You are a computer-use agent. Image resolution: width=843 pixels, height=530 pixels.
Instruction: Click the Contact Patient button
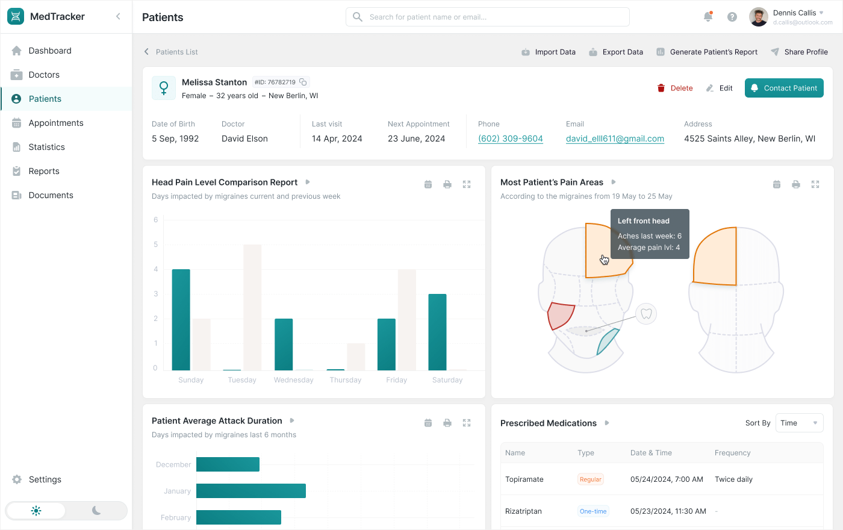pyautogui.click(x=784, y=88)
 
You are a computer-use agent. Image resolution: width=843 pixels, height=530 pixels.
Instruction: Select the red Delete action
pyautogui.click(x=675, y=88)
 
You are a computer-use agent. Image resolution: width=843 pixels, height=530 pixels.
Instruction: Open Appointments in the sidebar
pyautogui.click(x=56, y=123)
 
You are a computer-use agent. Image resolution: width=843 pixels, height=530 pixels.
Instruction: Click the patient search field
pyautogui.click(x=488, y=17)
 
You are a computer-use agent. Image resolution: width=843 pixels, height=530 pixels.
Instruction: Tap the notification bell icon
pyautogui.click(x=708, y=17)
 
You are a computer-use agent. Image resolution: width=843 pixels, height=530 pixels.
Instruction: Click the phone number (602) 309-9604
pyautogui.click(x=510, y=139)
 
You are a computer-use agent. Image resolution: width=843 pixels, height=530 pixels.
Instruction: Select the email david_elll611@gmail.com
pyautogui.click(x=615, y=139)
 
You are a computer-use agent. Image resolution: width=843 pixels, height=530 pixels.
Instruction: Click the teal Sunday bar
pyautogui.click(x=181, y=319)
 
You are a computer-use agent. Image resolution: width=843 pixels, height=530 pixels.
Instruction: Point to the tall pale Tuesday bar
pyautogui.click(x=252, y=307)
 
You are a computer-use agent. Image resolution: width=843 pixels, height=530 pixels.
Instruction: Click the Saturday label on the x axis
pyautogui.click(x=447, y=380)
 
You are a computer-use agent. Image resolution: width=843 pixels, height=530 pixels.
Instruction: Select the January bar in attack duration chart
pyautogui.click(x=250, y=491)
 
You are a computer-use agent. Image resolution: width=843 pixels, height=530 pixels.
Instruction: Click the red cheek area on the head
pyautogui.click(x=560, y=316)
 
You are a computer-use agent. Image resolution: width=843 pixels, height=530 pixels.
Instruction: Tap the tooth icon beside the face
pyautogui.click(x=646, y=314)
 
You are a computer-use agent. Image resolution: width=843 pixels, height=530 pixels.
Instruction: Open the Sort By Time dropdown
pyautogui.click(x=799, y=423)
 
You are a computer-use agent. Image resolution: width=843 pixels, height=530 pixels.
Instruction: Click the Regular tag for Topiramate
pyautogui.click(x=590, y=479)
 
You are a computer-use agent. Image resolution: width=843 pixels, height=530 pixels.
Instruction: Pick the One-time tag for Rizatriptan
pyautogui.click(x=593, y=511)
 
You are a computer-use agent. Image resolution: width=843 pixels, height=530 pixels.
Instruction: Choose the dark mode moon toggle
pyautogui.click(x=96, y=511)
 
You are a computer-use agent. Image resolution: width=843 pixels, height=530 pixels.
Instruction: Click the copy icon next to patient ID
pyautogui.click(x=303, y=82)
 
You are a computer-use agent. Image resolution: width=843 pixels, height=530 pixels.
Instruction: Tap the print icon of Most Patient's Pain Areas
pyautogui.click(x=795, y=184)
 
